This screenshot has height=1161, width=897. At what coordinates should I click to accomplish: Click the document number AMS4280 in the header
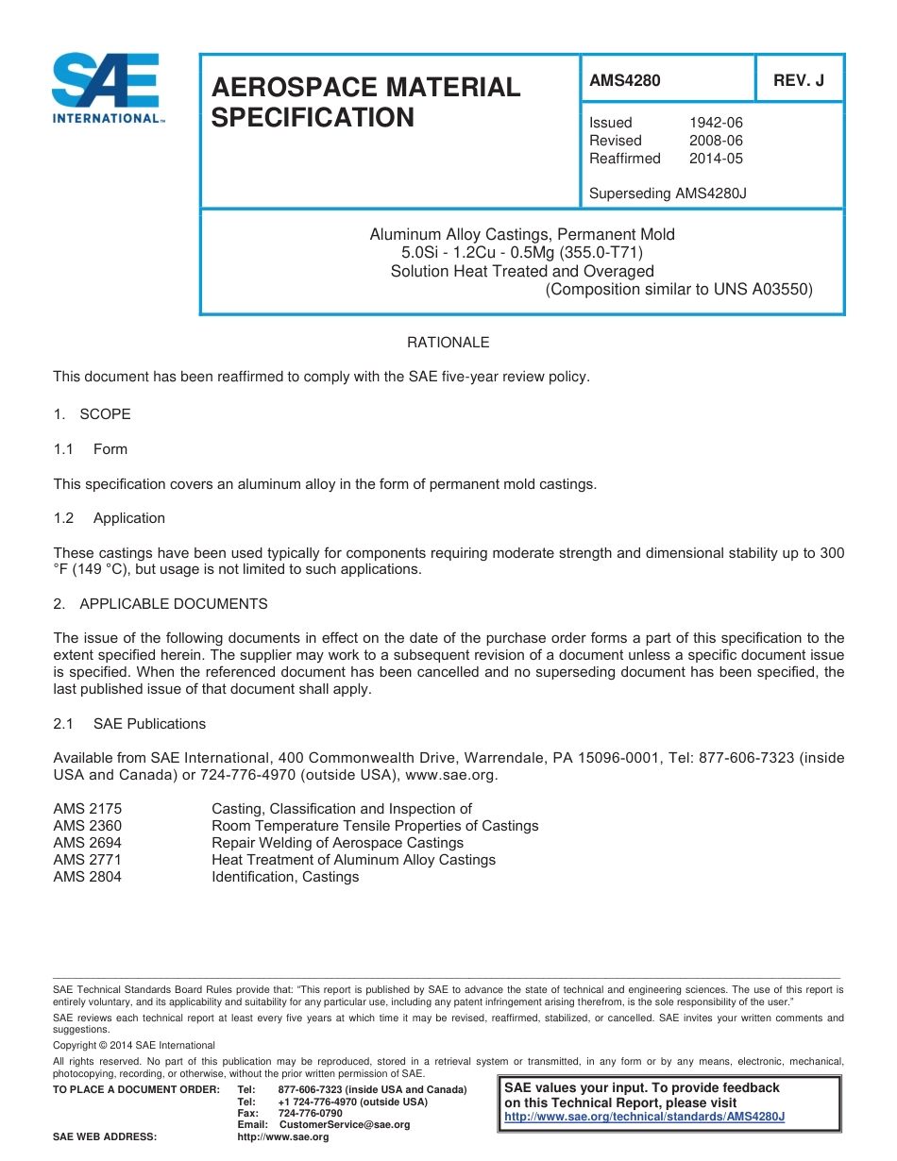tap(624, 81)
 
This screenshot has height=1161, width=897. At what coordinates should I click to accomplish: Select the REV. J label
tap(798, 81)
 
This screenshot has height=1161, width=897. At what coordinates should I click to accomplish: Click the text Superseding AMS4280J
tap(668, 193)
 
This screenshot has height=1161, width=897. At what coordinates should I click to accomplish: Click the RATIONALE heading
tap(448, 343)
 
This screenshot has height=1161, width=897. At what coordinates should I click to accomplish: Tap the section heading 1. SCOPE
tap(92, 414)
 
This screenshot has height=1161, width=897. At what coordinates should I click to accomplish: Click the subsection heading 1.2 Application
tap(110, 518)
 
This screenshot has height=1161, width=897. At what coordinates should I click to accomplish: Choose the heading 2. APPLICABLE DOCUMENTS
tap(161, 604)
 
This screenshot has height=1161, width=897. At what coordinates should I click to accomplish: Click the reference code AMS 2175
tap(87, 809)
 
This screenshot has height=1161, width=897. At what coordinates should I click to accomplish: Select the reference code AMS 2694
tap(87, 843)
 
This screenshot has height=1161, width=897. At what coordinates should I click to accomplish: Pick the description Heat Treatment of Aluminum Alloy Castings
tap(353, 860)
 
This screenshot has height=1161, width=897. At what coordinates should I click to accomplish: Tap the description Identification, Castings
tap(285, 877)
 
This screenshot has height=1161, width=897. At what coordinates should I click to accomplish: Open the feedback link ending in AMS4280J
tap(645, 1117)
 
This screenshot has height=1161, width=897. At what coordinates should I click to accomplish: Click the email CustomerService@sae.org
tap(344, 1125)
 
